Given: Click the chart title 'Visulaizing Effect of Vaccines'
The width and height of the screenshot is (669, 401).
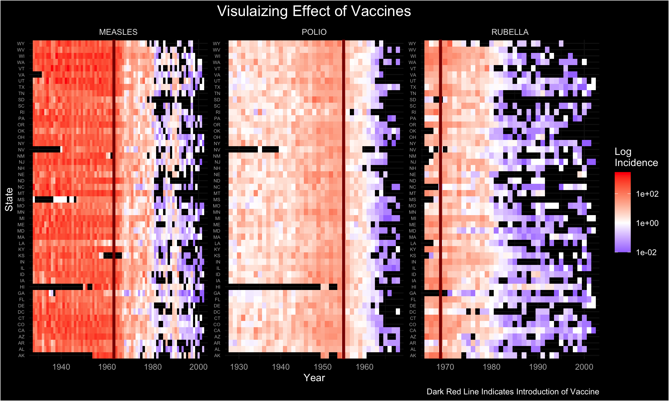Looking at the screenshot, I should pyautogui.click(x=314, y=11).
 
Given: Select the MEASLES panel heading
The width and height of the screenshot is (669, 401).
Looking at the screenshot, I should pyautogui.click(x=118, y=32).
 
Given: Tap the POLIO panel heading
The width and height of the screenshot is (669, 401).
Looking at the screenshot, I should pyautogui.click(x=314, y=32).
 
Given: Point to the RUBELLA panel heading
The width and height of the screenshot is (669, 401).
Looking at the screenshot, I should pyautogui.click(x=510, y=32).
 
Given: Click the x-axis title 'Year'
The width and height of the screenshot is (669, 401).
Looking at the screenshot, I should pyautogui.click(x=314, y=378).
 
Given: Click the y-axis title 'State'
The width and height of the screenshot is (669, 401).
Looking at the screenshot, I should pyautogui.click(x=9, y=199).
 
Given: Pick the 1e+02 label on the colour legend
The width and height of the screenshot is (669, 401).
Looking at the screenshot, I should pyautogui.click(x=647, y=194).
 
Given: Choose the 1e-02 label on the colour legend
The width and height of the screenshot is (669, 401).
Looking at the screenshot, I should pyautogui.click(x=646, y=252).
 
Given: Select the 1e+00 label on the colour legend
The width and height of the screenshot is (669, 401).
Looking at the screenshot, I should pyautogui.click(x=647, y=223).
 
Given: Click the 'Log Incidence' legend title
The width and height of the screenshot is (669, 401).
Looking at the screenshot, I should pyautogui.click(x=636, y=157).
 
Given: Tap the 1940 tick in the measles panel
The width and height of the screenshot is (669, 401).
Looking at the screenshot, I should pyautogui.click(x=61, y=367).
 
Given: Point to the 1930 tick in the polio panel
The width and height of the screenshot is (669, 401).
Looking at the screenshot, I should pyautogui.click(x=239, y=367).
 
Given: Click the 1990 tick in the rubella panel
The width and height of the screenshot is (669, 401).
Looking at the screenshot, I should pyautogui.click(x=538, y=367).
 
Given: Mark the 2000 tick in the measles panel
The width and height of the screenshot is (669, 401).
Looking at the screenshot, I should pyautogui.click(x=199, y=367).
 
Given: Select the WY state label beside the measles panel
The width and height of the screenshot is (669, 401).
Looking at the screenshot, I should pyautogui.click(x=21, y=44).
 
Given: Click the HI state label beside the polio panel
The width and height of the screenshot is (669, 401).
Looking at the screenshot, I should pyautogui.click(x=218, y=287).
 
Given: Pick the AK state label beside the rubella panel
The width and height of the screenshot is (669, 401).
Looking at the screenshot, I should pyautogui.click(x=413, y=355).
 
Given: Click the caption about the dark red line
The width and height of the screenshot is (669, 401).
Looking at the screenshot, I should pyautogui.click(x=513, y=392).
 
